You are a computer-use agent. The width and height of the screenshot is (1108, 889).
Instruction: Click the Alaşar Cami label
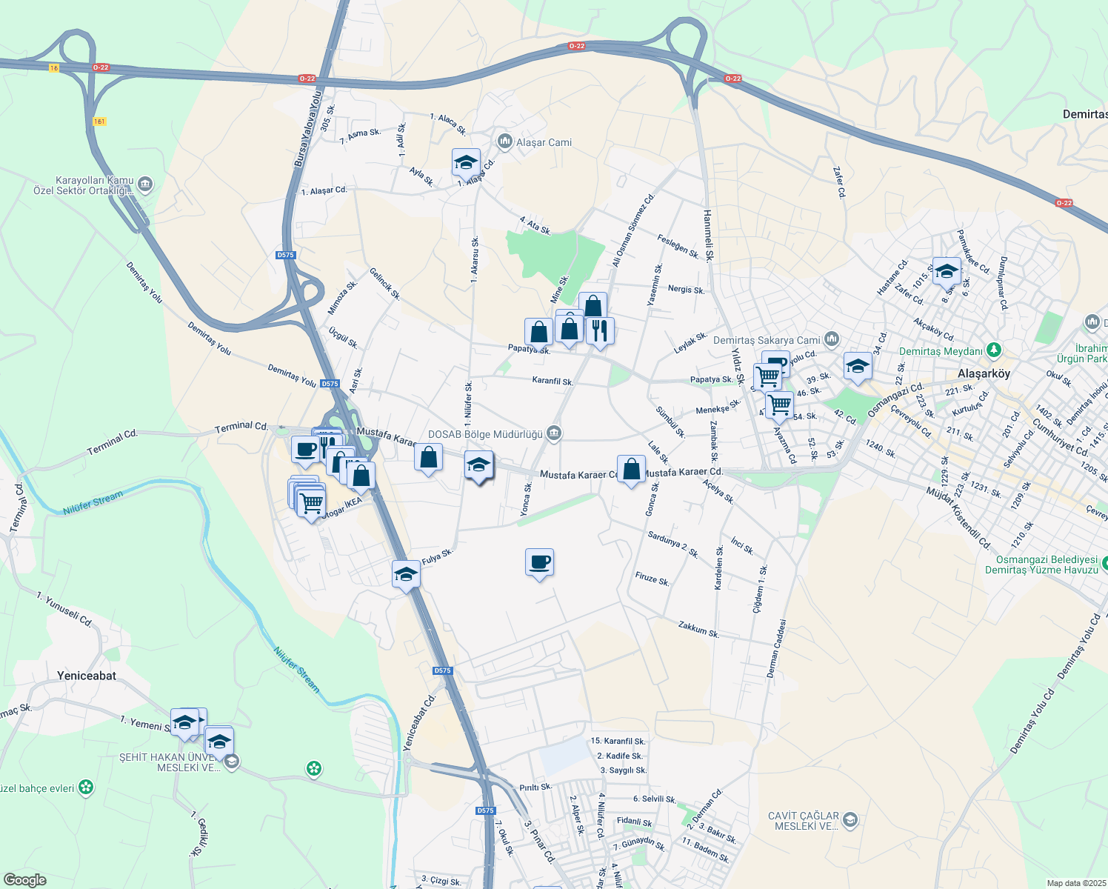[x=544, y=142]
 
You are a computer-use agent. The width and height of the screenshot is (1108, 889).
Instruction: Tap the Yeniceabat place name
[x=87, y=676]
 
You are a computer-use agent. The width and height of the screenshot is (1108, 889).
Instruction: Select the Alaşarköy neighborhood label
[x=984, y=373]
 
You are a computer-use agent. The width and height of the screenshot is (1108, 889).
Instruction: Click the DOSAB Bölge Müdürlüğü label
[x=485, y=434]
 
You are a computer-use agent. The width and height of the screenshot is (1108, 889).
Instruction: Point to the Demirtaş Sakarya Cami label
[x=767, y=340]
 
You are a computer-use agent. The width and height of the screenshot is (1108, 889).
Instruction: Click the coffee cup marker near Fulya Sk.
[x=539, y=562]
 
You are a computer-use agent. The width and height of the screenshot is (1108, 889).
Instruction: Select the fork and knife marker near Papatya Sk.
[x=599, y=331]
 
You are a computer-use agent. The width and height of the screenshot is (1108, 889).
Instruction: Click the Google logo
[x=24, y=880]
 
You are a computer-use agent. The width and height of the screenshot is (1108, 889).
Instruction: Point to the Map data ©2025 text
[x=1075, y=883]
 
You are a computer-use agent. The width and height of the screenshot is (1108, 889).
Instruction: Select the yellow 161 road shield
[x=100, y=121]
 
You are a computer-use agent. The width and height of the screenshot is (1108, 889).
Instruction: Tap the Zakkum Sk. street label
[x=698, y=630]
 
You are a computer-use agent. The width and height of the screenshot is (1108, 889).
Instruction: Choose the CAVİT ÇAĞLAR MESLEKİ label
[x=804, y=821]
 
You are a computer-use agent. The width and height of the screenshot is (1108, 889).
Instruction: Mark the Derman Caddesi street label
[x=776, y=648]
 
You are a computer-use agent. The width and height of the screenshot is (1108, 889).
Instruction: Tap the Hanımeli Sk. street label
[x=707, y=236]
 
